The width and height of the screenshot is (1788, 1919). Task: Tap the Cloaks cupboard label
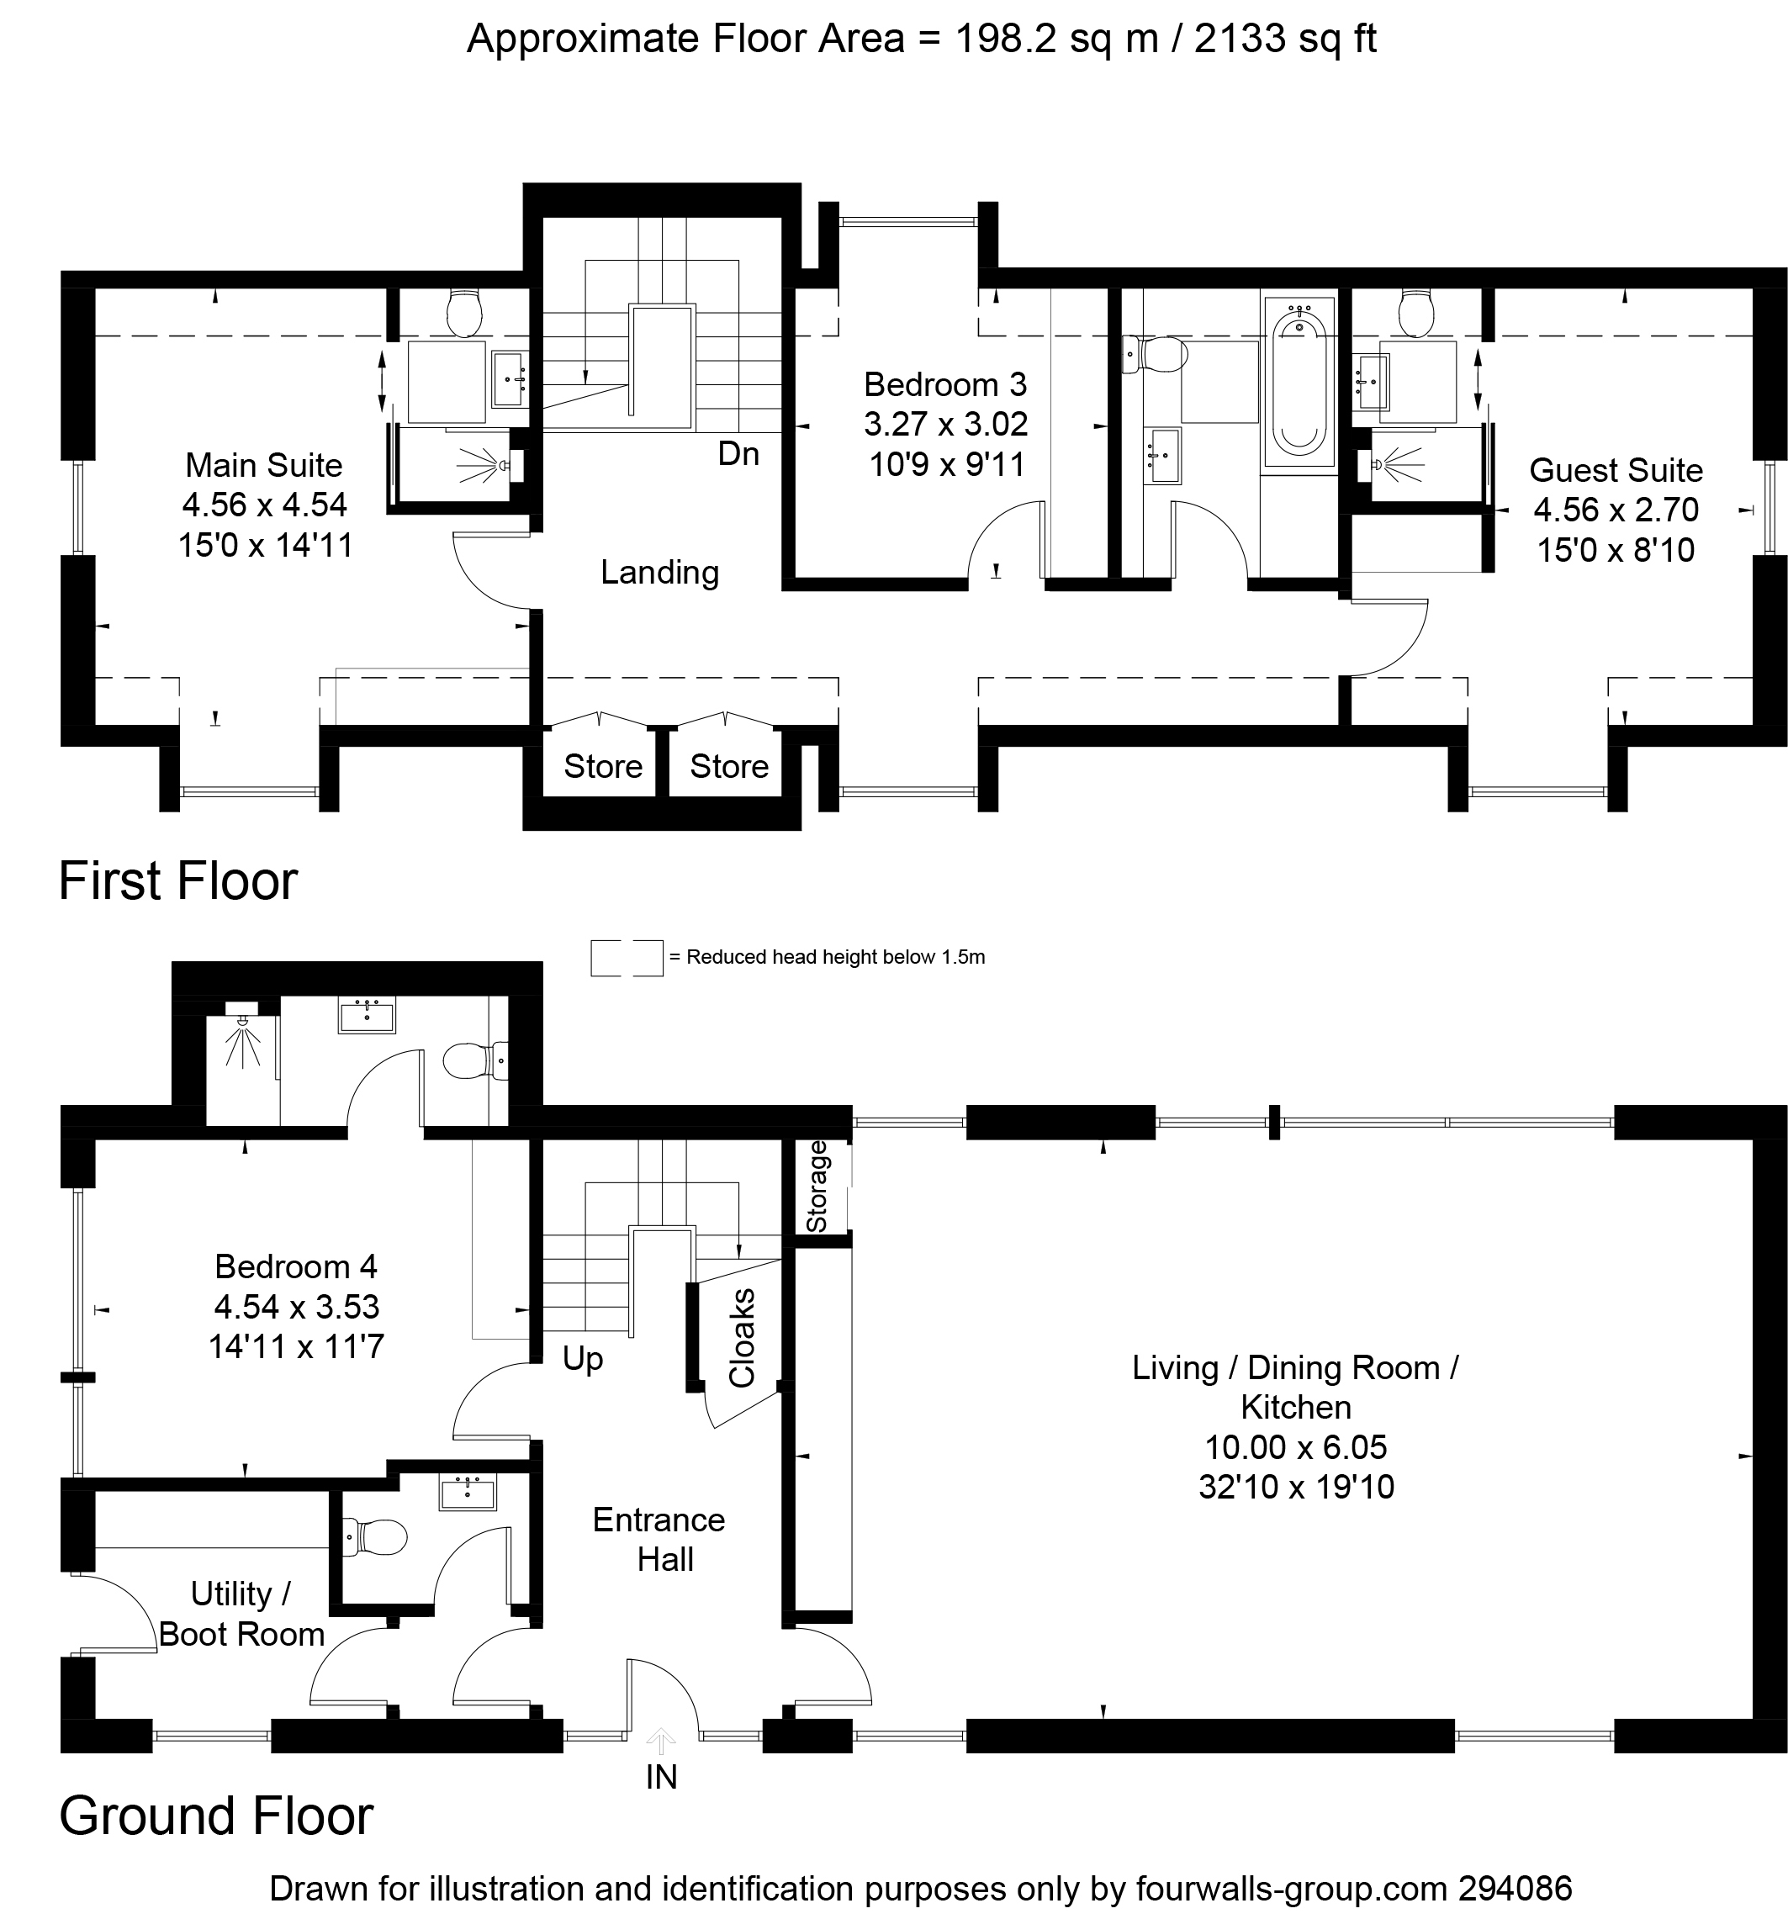coord(742,1338)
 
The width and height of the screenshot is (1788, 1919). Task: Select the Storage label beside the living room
coord(817,1187)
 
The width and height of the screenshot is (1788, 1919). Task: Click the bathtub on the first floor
coord(1299,383)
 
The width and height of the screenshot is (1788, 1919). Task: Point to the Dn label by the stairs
coord(738,454)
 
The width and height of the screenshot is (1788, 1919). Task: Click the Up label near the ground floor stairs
coord(582,1359)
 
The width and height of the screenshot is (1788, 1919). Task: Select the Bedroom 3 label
coord(945,384)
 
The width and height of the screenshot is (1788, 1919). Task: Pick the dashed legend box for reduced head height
coord(627,958)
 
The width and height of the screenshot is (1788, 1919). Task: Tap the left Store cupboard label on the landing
coord(602,766)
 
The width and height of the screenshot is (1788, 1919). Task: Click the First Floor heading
coord(178,880)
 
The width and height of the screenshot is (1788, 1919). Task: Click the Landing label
coord(659,573)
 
